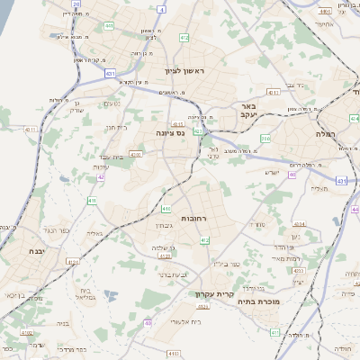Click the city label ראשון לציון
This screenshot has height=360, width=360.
click(184, 70)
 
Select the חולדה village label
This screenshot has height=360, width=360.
click(343, 347)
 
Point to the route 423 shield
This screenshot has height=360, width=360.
click(197, 131)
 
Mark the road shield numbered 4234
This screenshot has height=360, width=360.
click(298, 224)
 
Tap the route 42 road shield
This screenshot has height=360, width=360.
click(101, 178)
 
